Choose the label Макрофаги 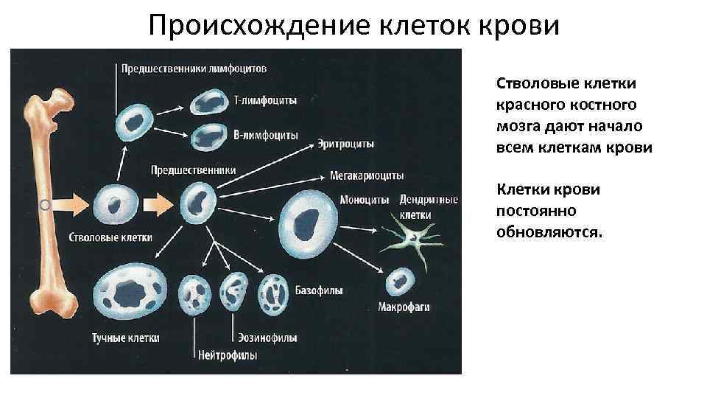403,306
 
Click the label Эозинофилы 267,338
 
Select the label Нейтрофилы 228,355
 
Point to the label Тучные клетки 126,338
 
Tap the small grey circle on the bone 45,203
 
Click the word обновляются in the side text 549,232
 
